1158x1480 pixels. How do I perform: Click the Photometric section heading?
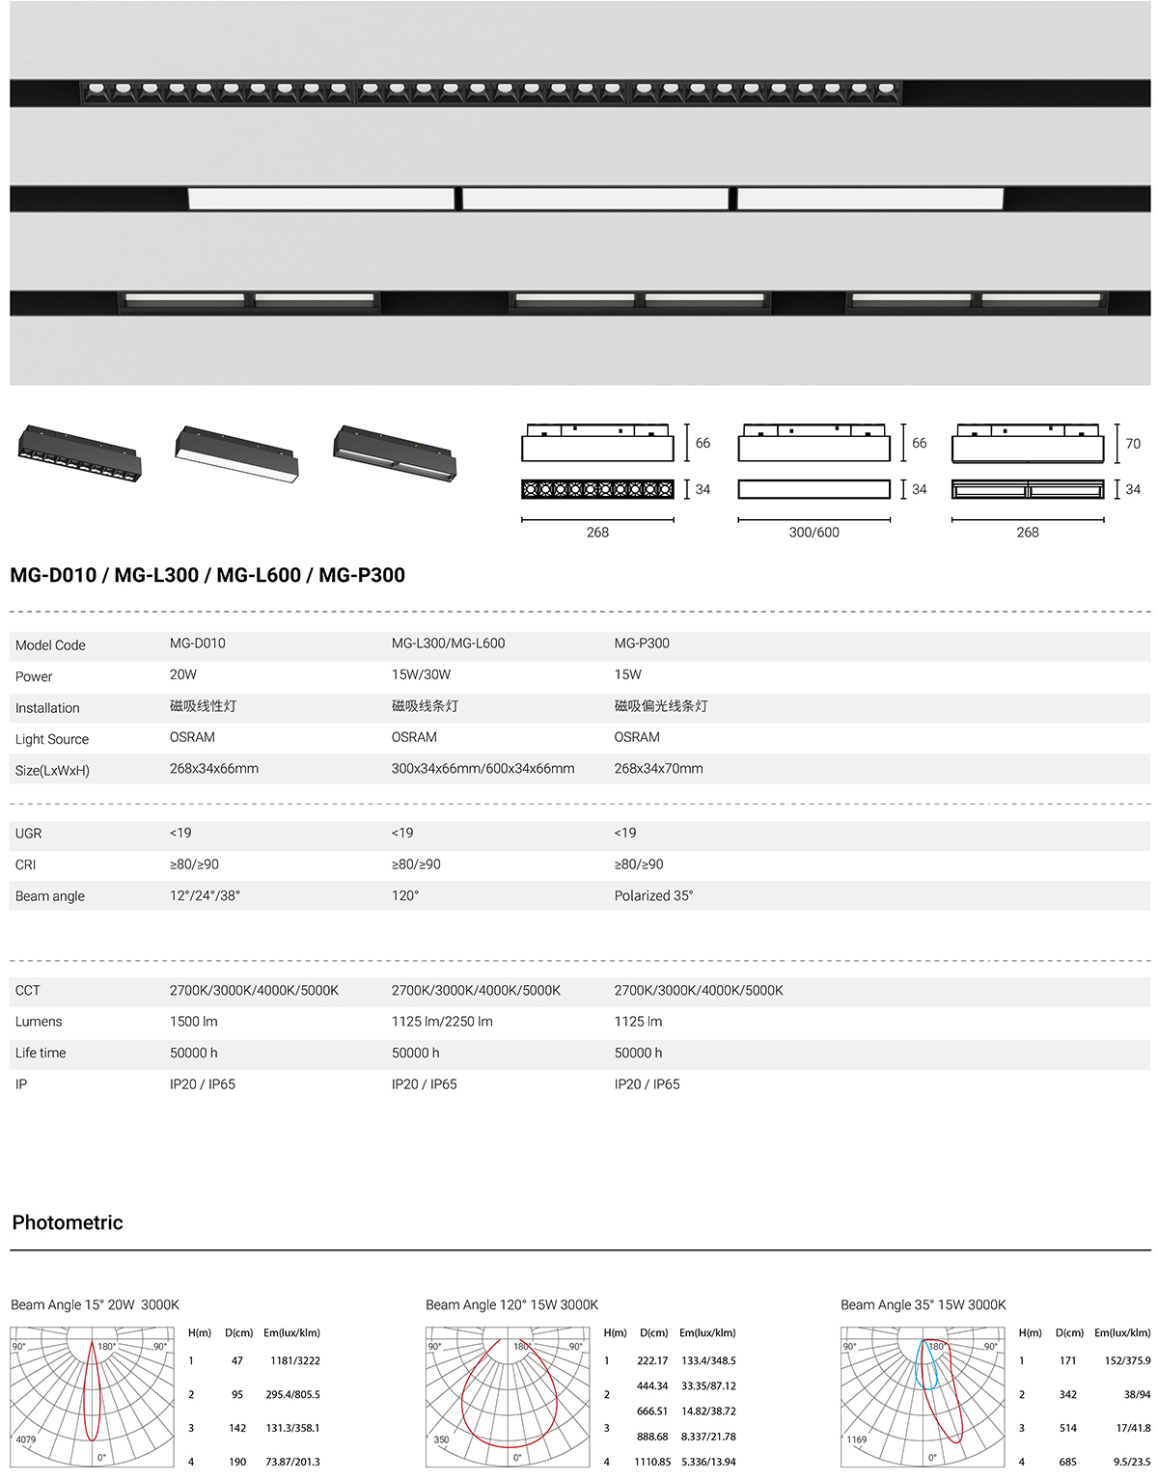(x=68, y=1222)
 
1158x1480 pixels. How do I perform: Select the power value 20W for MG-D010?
(x=183, y=674)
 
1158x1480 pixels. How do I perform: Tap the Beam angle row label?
(x=50, y=896)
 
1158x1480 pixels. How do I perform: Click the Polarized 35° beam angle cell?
(x=653, y=895)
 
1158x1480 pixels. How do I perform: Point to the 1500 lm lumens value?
(x=193, y=1021)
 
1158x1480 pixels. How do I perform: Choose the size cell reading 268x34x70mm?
(x=658, y=769)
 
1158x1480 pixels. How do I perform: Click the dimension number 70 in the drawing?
(x=1133, y=444)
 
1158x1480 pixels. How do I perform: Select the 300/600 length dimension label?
(x=813, y=533)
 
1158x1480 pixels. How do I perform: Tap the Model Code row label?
(x=50, y=645)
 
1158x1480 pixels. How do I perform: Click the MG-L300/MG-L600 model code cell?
(x=448, y=644)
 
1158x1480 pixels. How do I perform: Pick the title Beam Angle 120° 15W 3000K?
(x=511, y=1304)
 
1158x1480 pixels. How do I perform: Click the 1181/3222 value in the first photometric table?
(x=294, y=1360)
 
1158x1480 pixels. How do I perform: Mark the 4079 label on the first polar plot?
(x=26, y=1439)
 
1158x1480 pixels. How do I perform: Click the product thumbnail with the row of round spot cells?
(x=80, y=452)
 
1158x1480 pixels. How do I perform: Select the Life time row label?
(x=41, y=1053)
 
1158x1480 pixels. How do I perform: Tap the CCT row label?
(x=28, y=990)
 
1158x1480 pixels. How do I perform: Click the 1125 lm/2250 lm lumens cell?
(x=442, y=1021)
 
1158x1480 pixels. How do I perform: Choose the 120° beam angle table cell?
(x=405, y=895)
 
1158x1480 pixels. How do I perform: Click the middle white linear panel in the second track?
(x=595, y=199)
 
